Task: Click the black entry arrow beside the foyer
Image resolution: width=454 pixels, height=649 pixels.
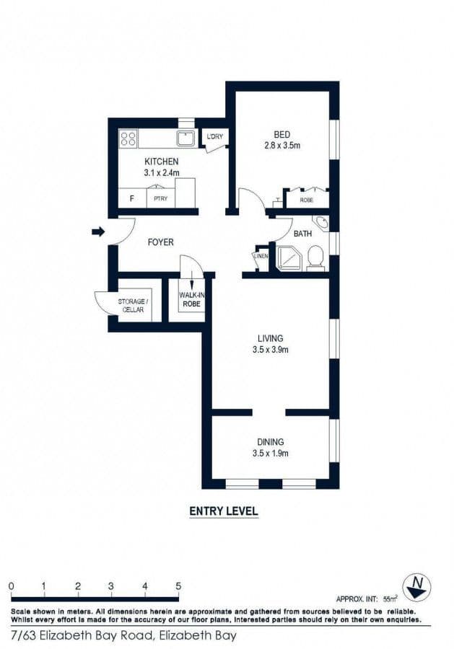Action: coord(98,231)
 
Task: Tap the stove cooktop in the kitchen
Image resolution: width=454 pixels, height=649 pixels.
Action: coord(128,137)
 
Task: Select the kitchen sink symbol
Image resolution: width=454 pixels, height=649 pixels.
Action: coord(185,137)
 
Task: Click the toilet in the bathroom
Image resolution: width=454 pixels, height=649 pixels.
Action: coord(315,257)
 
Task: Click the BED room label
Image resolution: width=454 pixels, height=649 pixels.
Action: coord(282,134)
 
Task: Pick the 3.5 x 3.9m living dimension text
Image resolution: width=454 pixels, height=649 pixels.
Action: coord(271,350)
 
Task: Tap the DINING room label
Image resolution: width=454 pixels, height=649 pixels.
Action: coord(271,442)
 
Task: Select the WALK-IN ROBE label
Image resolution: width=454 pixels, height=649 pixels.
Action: coord(191,299)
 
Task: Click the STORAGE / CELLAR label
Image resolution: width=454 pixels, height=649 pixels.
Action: coord(134,305)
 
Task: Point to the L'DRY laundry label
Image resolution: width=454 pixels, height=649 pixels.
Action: coord(214,136)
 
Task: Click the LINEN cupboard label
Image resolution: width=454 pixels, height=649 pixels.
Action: coord(261,256)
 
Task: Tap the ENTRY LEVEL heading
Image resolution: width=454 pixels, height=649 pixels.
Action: coord(223,511)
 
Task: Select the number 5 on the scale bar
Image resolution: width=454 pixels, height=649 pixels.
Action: coord(178,586)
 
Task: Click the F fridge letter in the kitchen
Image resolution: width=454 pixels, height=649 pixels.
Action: coord(131,198)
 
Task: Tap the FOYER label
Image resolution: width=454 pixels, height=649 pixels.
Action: coord(160,242)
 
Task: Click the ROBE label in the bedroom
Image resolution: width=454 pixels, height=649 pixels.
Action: coord(306,200)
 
